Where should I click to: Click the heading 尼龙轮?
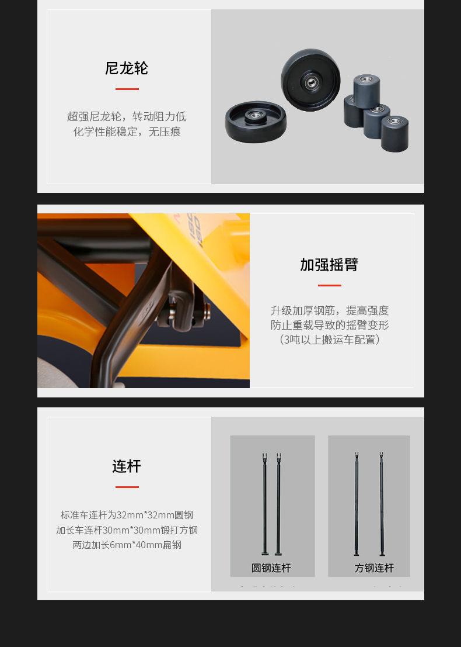tap(127, 68)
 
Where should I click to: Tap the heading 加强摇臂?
tap(329, 265)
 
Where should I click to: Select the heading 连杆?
tap(127, 466)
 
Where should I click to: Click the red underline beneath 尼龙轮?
tap(127, 89)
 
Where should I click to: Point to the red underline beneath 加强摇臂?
tap(330, 285)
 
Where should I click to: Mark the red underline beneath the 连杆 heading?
tap(127, 487)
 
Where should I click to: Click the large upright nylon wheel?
tap(310, 80)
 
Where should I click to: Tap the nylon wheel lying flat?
tap(256, 122)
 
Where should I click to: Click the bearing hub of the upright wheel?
tap(311, 82)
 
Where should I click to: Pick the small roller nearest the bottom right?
tap(394, 134)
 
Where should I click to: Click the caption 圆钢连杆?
tap(271, 568)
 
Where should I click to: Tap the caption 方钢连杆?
tap(374, 568)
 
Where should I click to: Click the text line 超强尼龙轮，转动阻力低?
tap(127, 117)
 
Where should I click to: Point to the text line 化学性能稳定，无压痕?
tap(127, 132)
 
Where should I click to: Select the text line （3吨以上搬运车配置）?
tap(330, 340)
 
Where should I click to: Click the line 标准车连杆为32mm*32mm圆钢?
tap(127, 515)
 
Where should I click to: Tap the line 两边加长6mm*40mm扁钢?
tap(127, 545)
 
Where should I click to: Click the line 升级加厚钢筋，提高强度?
tap(330, 310)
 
